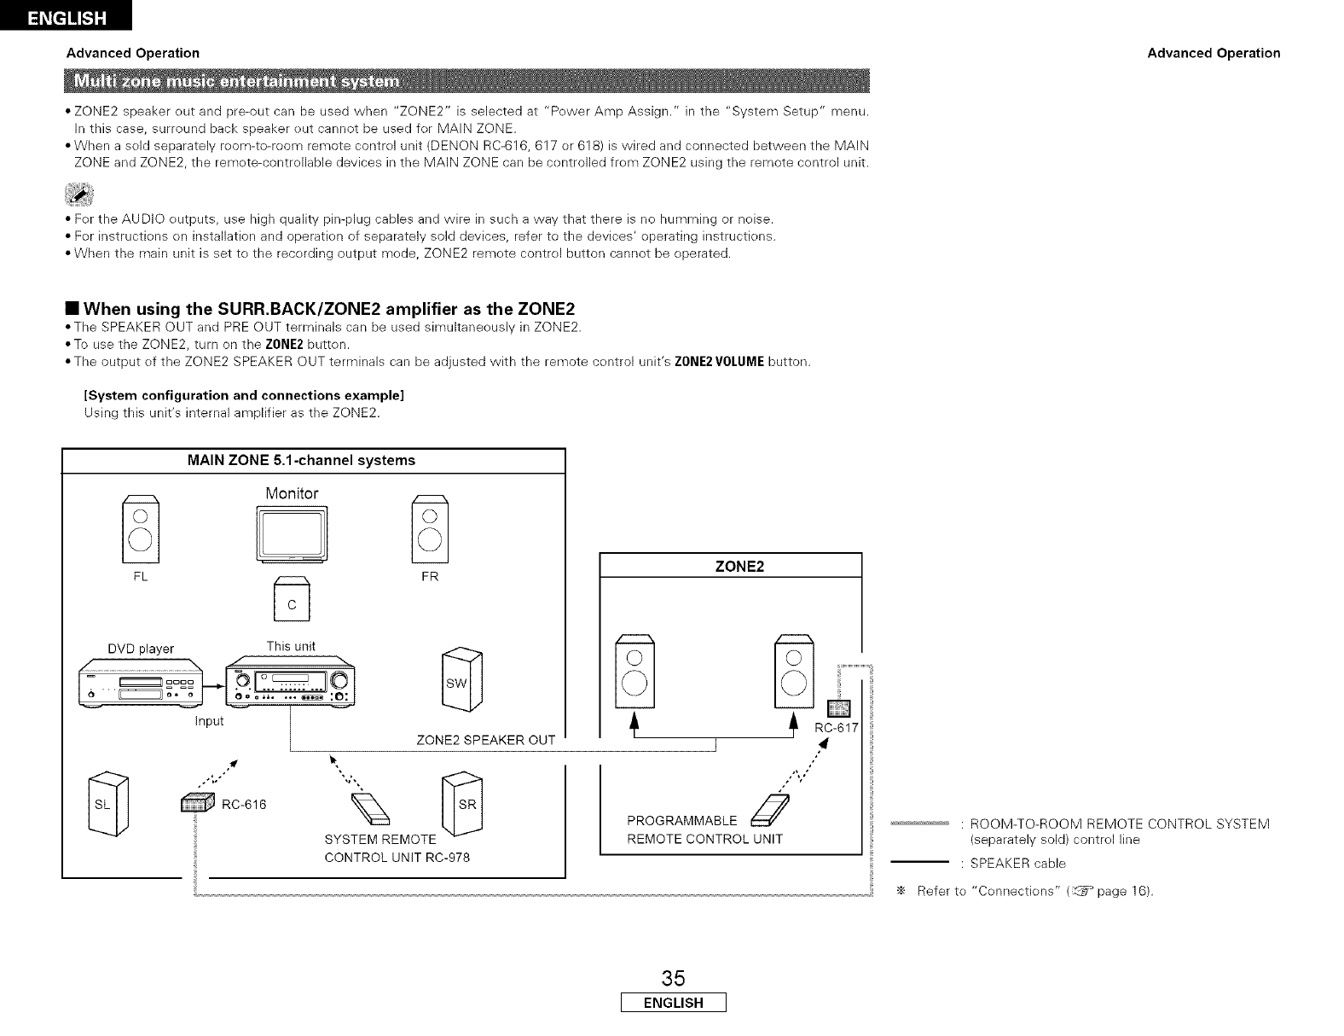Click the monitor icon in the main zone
click(x=292, y=535)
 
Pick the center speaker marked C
click(x=292, y=602)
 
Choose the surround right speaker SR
click(x=463, y=803)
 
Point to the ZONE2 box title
click(x=732, y=566)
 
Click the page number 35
click(x=672, y=977)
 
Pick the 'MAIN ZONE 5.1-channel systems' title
click(x=301, y=460)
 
